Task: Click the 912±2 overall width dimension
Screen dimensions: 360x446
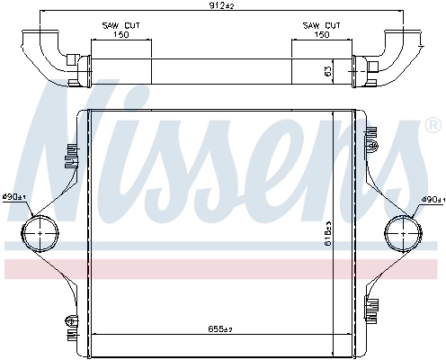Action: pyautogui.click(x=222, y=8)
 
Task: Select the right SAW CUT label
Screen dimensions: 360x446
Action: pyautogui.click(x=322, y=26)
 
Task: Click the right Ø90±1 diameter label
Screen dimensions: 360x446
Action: pyautogui.click(x=432, y=199)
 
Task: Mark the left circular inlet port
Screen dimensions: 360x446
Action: pyautogui.click(x=39, y=237)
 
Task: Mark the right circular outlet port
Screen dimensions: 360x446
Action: pyautogui.click(x=402, y=237)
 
